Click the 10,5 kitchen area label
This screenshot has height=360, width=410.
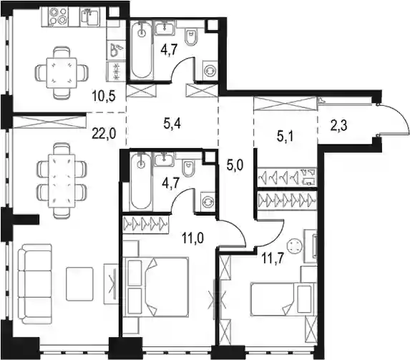104,97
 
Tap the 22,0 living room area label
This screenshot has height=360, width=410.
104,134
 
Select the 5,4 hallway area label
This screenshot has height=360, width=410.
172,124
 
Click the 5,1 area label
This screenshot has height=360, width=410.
285,136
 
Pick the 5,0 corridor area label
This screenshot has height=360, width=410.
235,165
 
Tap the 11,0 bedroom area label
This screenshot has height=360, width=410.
193,238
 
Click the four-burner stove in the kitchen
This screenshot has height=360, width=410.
58,16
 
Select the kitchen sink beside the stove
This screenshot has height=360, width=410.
89,16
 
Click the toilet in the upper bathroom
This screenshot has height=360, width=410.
191,37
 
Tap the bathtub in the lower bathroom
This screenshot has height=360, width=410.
141,182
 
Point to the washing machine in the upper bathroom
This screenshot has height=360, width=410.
210,70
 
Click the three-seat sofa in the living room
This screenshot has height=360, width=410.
35,284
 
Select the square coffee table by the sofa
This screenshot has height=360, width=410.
79,283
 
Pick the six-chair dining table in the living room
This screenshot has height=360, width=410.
62,180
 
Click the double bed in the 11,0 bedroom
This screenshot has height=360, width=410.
156,287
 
